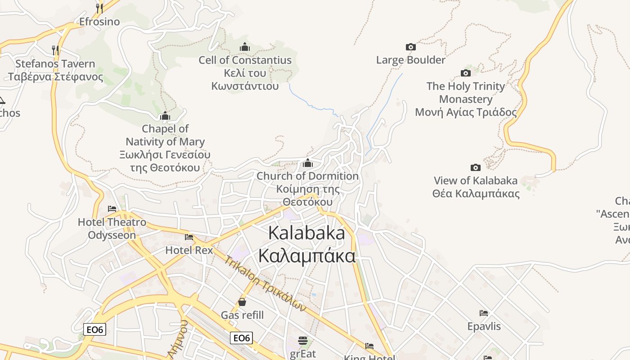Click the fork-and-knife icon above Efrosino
99,8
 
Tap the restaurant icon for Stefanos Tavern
55,50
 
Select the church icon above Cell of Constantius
245,47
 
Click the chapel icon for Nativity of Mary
165,116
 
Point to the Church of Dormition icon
308,163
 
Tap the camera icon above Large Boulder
410,47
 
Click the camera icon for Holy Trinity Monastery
466,73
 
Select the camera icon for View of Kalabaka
475,168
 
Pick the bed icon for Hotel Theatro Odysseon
112,209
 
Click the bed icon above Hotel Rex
189,237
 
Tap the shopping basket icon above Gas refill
242,301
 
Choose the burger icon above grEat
303,340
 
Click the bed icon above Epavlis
484,313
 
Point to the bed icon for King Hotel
369,346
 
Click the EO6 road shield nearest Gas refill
241,338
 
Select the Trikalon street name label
265,283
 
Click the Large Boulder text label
410,60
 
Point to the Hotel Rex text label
189,250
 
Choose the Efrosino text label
99,22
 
